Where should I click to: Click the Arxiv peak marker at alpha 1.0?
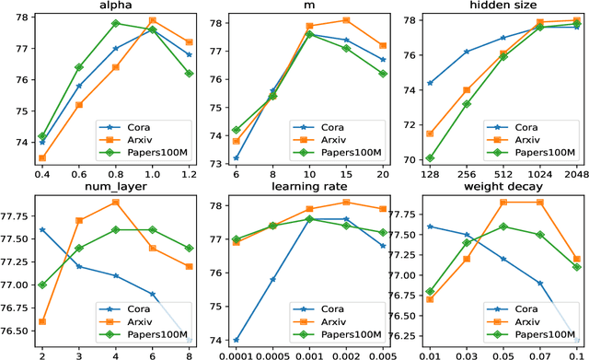[x=152, y=20]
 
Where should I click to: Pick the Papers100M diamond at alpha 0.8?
[x=115, y=23]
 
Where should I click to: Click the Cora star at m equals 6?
[x=237, y=157]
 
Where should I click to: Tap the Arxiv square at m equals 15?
[x=345, y=20]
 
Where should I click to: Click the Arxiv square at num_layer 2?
[x=42, y=321]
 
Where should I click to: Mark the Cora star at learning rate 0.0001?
[x=237, y=340]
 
